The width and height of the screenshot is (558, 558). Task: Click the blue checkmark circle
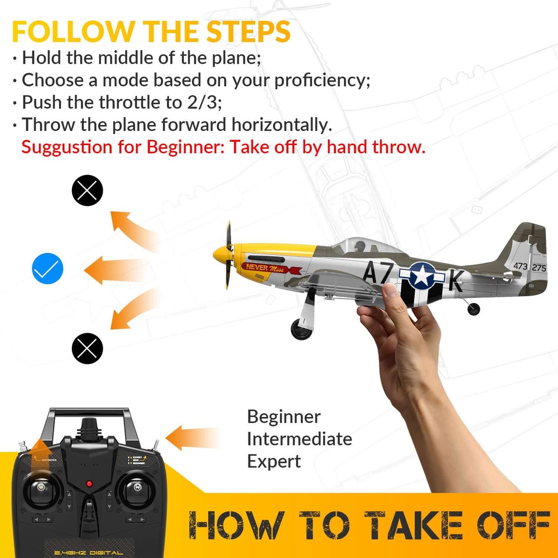[47, 269]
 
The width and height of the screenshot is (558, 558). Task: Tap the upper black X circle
[87, 190]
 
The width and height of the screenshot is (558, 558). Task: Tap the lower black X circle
[87, 348]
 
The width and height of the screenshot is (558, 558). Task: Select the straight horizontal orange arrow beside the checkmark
[116, 270]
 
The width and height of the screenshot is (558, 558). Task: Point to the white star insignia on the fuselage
[422, 275]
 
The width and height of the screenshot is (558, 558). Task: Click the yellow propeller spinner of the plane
[220, 255]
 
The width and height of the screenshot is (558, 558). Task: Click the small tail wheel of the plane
[473, 309]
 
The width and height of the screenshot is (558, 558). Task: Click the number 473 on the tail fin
[520, 266]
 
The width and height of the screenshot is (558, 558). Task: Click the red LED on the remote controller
[89, 483]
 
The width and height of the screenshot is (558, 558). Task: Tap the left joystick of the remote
[41, 488]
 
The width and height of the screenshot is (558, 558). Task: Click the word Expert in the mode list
[274, 461]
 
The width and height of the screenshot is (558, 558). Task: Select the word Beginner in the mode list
[284, 417]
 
